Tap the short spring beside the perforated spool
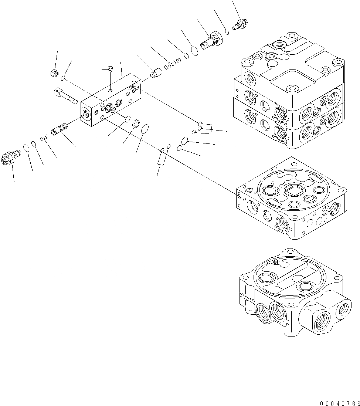(44, 138)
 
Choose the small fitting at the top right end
(241, 24)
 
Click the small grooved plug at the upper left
(54, 73)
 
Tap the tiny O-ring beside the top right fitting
(227, 32)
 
